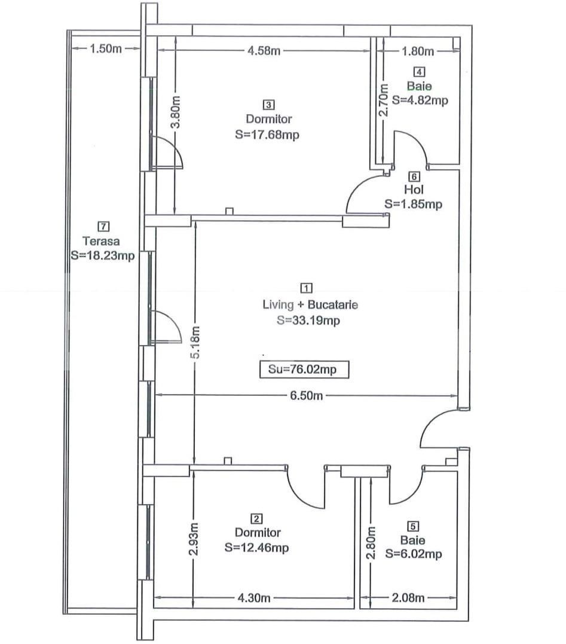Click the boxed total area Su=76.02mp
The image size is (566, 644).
click(x=302, y=370)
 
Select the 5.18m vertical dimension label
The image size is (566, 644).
click(x=195, y=343)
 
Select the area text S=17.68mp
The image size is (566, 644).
click(x=268, y=135)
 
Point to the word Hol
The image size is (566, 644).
click(x=414, y=190)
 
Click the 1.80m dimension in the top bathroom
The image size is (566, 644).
click(x=417, y=51)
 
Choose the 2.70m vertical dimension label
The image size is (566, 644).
click(x=385, y=99)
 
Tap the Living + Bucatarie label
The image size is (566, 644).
click(x=310, y=305)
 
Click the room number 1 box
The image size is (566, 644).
click(x=308, y=288)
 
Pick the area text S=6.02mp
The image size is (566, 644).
click(x=414, y=554)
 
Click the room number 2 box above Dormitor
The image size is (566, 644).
click(x=257, y=518)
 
